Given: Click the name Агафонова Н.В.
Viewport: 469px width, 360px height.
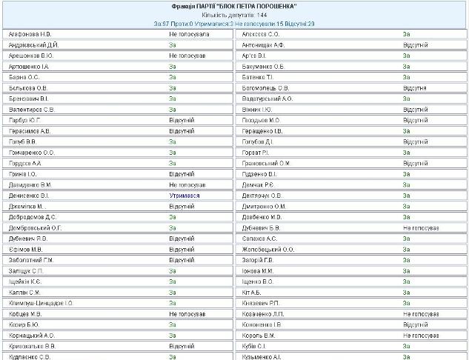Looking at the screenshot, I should [x=30, y=34].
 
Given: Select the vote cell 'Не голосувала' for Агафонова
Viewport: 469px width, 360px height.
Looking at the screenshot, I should [x=190, y=34].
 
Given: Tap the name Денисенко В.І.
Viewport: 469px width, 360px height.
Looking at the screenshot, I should [x=30, y=196].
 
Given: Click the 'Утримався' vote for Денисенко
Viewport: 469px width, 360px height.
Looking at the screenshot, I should [x=184, y=196].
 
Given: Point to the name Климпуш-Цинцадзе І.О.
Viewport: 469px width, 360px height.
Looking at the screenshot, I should [x=41, y=303].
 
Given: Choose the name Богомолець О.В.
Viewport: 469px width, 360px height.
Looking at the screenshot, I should [x=266, y=87].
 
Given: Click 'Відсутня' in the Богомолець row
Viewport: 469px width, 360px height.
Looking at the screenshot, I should [x=415, y=87].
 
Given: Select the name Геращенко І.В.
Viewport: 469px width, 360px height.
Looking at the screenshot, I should [x=263, y=130].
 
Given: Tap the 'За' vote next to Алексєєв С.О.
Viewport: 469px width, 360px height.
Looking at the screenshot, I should [x=407, y=34].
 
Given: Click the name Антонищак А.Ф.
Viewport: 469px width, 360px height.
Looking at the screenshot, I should [x=264, y=44].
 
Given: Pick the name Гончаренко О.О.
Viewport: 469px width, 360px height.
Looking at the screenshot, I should [x=32, y=152].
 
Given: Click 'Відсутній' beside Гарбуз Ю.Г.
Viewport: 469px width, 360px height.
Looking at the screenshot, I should [x=182, y=120].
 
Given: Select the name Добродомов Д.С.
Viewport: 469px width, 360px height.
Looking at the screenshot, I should [x=33, y=217].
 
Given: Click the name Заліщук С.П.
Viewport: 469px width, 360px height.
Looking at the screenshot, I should [x=26, y=270].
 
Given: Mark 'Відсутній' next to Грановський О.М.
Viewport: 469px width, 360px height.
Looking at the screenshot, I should [x=416, y=163].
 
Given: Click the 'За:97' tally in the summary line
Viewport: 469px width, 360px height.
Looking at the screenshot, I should [x=162, y=24].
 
